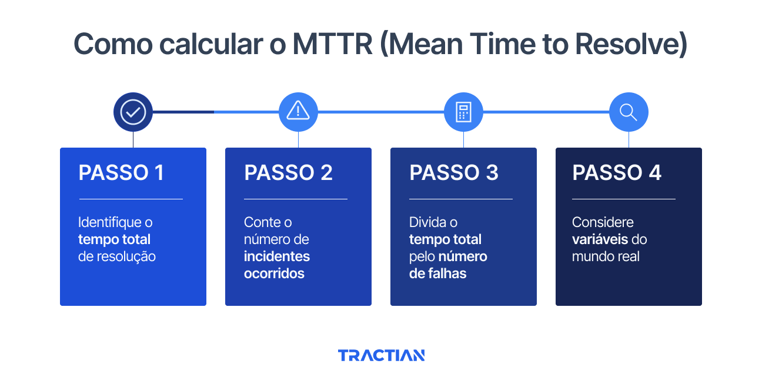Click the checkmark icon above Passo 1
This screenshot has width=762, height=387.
click(x=133, y=112)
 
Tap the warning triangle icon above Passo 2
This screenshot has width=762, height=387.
click(x=298, y=111)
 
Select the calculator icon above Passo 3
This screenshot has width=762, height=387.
click(x=463, y=112)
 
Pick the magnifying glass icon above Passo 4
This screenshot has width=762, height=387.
click(x=629, y=112)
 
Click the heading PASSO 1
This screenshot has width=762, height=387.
click(x=121, y=173)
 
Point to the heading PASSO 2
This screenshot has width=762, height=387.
click(x=288, y=173)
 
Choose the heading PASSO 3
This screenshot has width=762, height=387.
click(x=453, y=173)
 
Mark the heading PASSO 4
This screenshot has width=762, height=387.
click(x=617, y=173)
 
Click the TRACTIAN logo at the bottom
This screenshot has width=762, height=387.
click(x=381, y=355)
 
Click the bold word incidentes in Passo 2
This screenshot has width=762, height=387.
click(x=277, y=256)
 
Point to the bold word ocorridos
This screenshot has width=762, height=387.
click(x=274, y=273)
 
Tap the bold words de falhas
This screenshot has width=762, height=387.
click(x=437, y=273)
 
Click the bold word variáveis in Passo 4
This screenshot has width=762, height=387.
click(x=600, y=239)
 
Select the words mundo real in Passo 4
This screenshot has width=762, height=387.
click(x=606, y=256)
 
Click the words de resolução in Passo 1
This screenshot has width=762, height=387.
click(x=117, y=256)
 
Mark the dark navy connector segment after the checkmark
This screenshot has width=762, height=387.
click(x=183, y=112)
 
